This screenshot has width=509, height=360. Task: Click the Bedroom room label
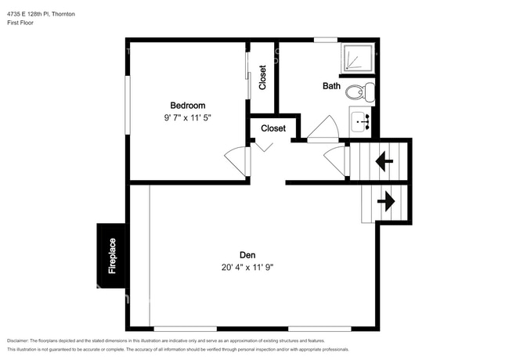(x=188, y=106)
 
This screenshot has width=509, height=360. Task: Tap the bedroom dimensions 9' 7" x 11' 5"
(x=188, y=118)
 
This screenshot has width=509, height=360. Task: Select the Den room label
(x=248, y=254)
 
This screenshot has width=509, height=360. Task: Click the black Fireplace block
(x=111, y=255)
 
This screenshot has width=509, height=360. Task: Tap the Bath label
(x=331, y=86)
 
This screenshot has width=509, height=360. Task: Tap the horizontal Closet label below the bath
(x=273, y=128)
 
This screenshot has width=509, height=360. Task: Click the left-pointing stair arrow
(x=384, y=162)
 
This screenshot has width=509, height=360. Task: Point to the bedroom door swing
(x=236, y=160)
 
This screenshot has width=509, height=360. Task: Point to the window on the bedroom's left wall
(x=128, y=98)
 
